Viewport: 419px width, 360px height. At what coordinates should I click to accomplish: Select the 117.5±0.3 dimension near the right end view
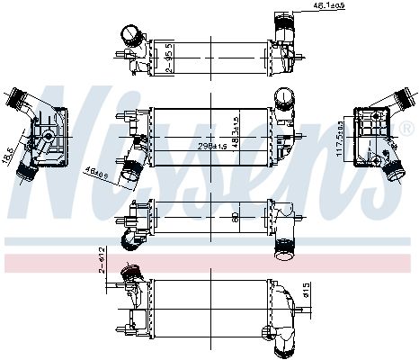[340, 138]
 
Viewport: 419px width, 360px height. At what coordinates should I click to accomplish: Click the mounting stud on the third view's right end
[299, 216]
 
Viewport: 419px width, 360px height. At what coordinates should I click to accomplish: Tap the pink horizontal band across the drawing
[209, 263]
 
